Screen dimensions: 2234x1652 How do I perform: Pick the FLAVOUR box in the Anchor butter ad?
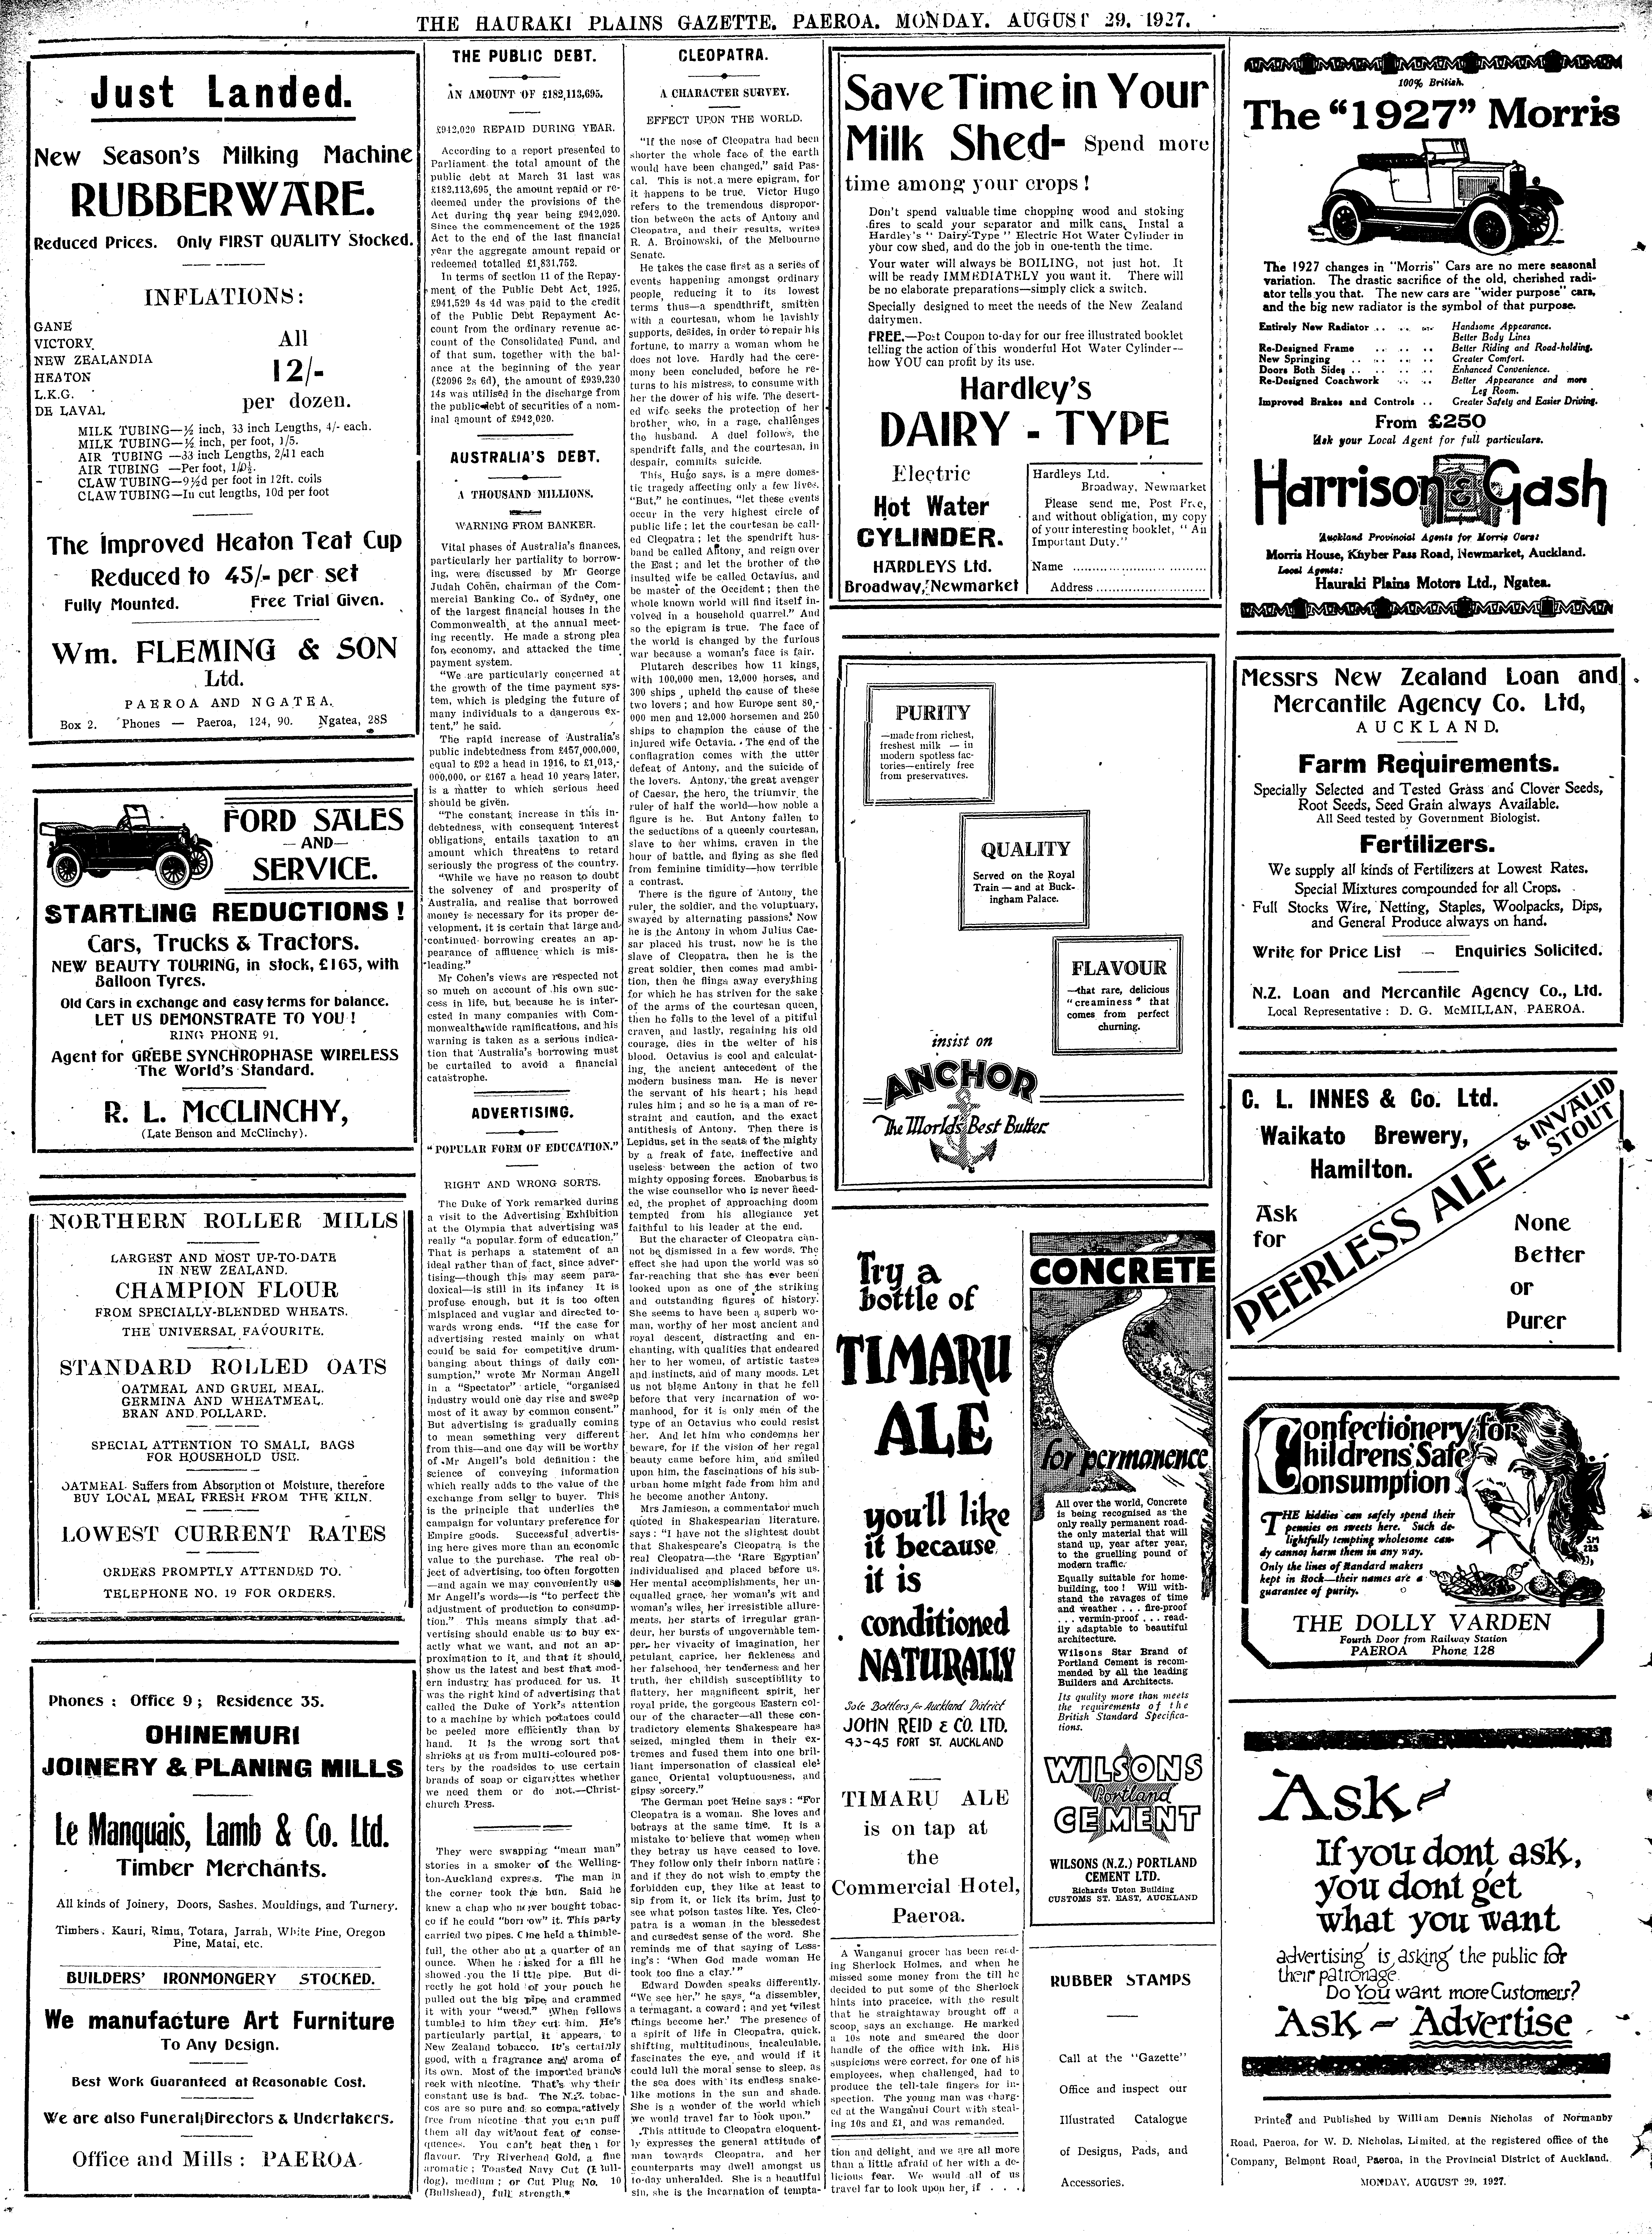1118,996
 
